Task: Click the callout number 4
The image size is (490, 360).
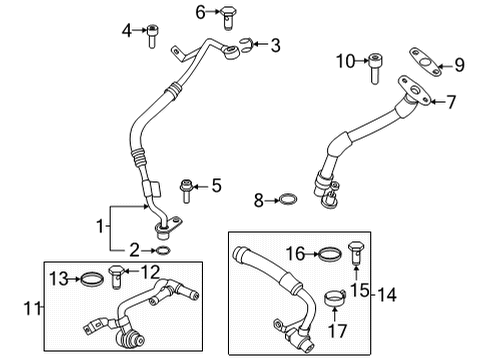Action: tap(127, 30)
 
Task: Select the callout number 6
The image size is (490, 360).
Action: tap(199, 12)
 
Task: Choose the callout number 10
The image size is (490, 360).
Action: tap(345, 62)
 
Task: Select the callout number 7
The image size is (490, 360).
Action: tap(451, 101)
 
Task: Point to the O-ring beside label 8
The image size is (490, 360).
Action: tap(285, 201)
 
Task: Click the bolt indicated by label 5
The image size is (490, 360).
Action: tap(185, 185)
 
